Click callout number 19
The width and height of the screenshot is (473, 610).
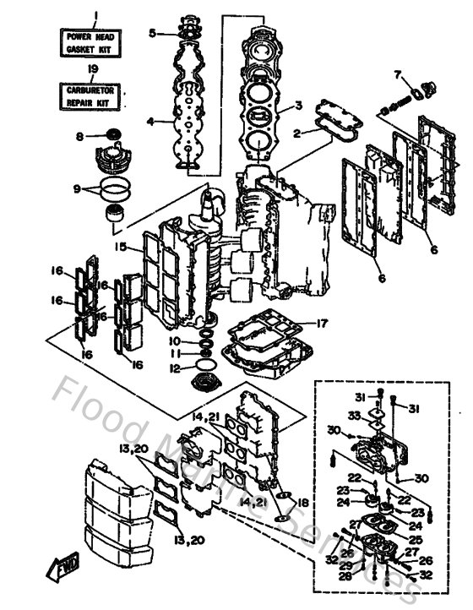click(x=94, y=68)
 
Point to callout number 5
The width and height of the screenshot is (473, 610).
click(x=153, y=34)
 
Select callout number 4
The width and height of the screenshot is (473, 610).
click(x=150, y=122)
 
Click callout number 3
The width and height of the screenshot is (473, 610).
click(x=297, y=106)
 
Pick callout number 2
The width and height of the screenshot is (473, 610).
click(x=296, y=133)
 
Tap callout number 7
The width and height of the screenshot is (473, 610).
click(x=398, y=76)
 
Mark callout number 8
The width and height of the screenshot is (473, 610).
click(x=79, y=136)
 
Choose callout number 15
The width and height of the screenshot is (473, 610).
click(x=122, y=247)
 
